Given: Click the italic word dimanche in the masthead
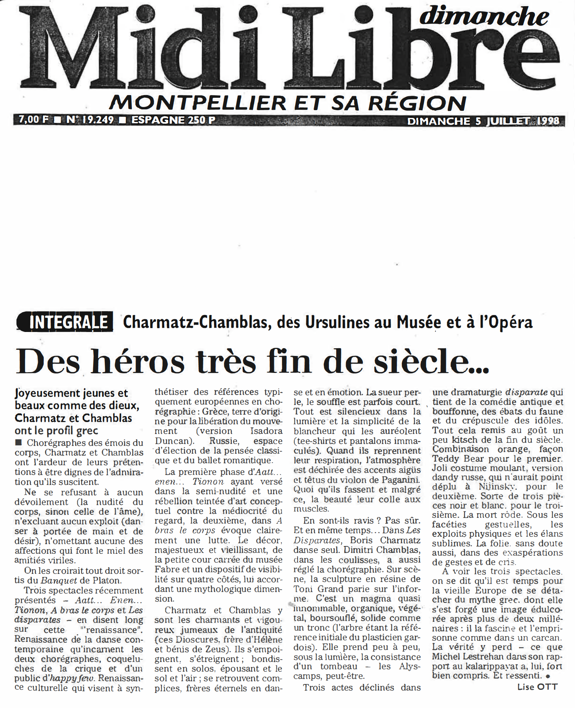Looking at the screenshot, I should (484, 16).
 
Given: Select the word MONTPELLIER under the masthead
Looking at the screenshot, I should (197, 103).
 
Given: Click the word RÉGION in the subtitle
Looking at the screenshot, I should (417, 103).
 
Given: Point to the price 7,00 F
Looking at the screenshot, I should (34, 119).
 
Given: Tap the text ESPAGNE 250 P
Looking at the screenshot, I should (173, 120).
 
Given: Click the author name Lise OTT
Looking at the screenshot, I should (537, 686).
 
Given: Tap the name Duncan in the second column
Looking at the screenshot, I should (169, 441).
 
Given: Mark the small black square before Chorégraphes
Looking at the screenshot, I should (19, 443).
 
